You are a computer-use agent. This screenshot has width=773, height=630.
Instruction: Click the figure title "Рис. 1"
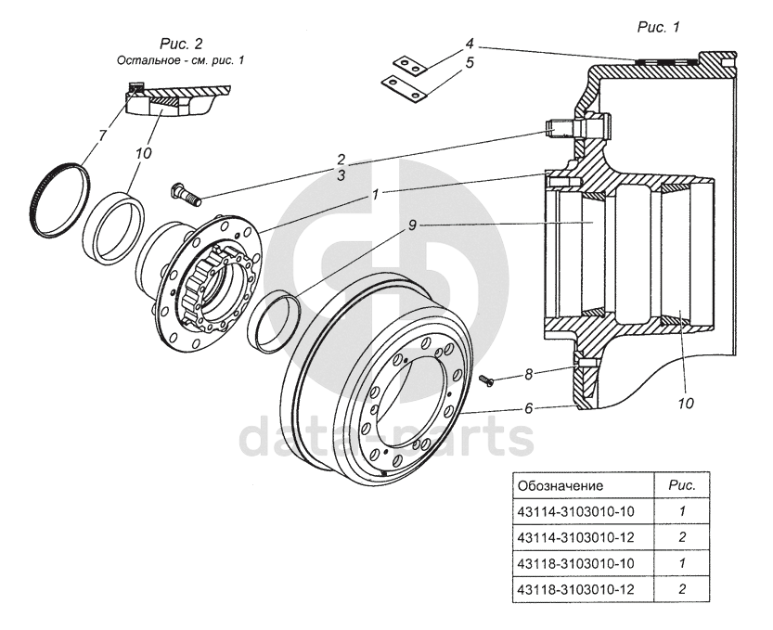click(659, 27)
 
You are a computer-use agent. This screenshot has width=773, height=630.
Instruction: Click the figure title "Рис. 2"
click(181, 44)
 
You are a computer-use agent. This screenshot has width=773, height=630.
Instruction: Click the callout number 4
click(470, 44)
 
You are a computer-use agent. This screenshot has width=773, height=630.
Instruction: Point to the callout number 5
click(470, 62)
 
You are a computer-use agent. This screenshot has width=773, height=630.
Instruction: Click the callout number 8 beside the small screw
click(529, 375)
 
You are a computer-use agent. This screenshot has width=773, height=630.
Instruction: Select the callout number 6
click(529, 408)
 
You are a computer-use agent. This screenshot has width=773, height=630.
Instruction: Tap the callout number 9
click(412, 225)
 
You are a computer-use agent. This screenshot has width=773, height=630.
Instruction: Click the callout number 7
click(103, 135)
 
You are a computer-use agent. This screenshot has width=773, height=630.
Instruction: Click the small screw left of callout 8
click(486, 380)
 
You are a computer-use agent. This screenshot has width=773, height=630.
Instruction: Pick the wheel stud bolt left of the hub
click(186, 194)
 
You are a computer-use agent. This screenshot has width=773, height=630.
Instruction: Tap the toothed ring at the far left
click(58, 199)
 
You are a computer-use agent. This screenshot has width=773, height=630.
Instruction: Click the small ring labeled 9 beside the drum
click(274, 322)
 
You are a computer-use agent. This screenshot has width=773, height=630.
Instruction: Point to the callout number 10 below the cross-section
click(686, 404)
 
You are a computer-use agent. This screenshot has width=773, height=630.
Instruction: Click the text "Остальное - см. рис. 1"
click(180, 60)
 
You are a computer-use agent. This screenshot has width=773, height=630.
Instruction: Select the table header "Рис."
click(682, 485)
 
